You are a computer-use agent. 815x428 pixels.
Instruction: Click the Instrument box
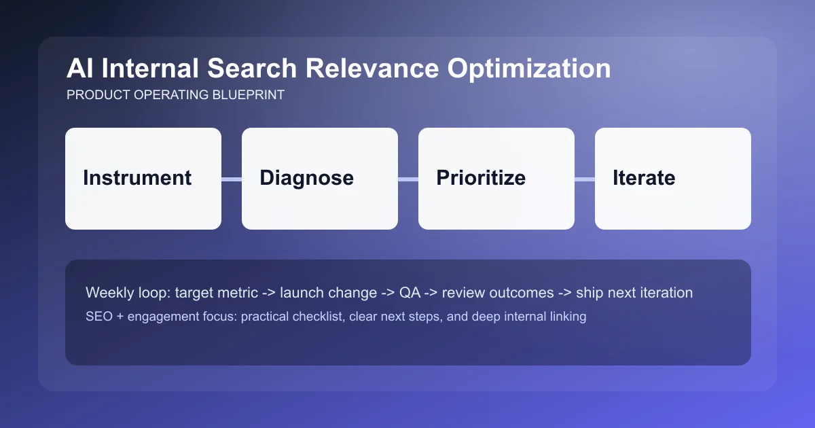click(x=143, y=179)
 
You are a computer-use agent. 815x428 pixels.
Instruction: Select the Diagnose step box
click(x=320, y=179)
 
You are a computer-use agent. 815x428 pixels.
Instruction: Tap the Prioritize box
click(x=496, y=179)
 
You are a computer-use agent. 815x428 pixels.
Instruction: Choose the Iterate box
click(x=673, y=179)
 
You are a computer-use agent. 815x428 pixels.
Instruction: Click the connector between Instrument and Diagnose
click(x=232, y=179)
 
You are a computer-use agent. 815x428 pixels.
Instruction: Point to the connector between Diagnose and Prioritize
click(x=408, y=179)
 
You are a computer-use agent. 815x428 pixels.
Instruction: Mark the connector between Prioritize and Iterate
click(x=585, y=179)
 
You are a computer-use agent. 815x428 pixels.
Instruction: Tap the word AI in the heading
click(x=79, y=69)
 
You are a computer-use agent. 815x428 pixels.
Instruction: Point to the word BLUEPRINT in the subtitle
click(x=251, y=95)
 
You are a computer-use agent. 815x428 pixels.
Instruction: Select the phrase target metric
click(x=216, y=293)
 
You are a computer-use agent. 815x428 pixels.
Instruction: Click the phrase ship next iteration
click(x=634, y=293)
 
